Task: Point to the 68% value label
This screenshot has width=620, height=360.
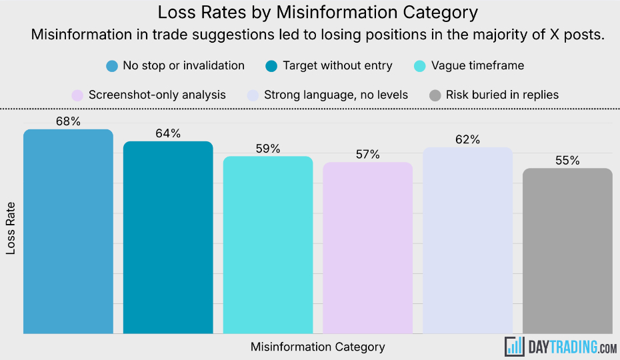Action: pos(68,121)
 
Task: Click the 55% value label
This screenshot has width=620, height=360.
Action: pos(567,161)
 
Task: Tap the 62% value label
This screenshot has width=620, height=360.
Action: pos(467,139)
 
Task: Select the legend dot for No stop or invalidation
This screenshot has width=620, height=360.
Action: pos(112,66)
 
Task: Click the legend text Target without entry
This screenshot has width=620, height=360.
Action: pos(337,65)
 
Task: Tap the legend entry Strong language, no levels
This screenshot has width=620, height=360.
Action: pos(335,95)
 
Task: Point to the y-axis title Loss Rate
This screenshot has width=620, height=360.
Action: pos(11,228)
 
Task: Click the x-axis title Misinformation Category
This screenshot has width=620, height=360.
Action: pos(317,347)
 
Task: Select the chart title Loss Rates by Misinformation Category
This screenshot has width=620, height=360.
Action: pos(317,12)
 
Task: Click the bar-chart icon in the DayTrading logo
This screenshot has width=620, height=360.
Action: pos(515,345)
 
